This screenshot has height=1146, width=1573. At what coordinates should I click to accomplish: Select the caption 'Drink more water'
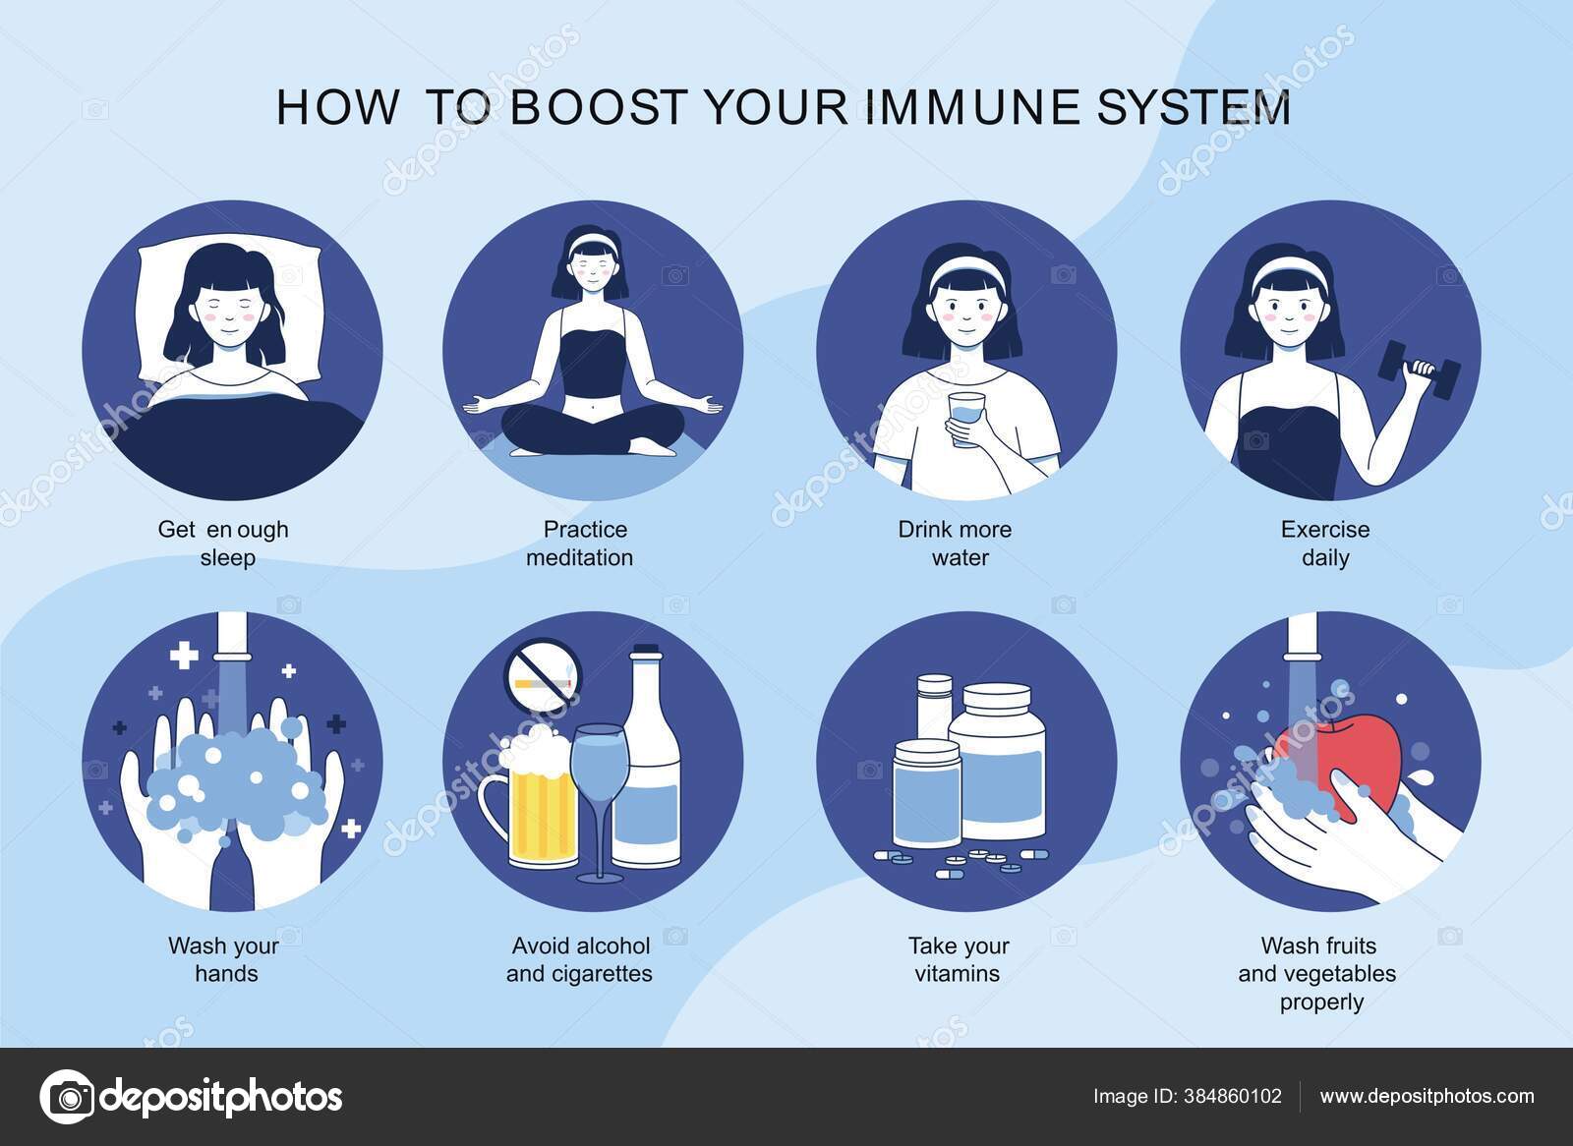955,544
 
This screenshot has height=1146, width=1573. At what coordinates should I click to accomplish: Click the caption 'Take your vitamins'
959,959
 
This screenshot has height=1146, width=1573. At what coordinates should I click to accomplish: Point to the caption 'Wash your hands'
225,959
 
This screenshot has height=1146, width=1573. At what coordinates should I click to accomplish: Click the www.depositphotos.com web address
1427,1096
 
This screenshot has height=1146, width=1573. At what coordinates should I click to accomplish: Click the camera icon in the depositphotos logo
67,1096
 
